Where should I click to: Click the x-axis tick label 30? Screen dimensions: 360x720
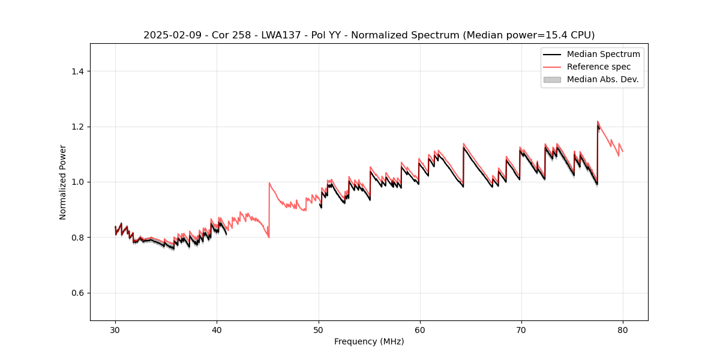coord(115,329)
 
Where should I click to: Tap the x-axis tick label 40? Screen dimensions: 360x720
coord(217,329)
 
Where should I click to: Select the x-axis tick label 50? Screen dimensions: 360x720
coord(318,329)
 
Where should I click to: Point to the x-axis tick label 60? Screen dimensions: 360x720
coord(420,329)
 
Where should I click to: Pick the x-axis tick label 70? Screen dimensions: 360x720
coord(521,329)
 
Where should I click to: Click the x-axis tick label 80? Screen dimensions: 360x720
coord(623,329)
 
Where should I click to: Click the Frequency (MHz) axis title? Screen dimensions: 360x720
coord(369,341)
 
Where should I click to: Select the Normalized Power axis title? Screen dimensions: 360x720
coord(63,182)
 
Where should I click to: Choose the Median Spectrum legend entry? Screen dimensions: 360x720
coord(603,54)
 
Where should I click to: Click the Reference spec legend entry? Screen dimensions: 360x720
coord(598,67)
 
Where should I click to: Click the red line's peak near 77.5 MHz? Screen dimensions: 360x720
coord(598,121)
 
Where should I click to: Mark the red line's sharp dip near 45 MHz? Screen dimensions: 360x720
coord(269,238)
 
